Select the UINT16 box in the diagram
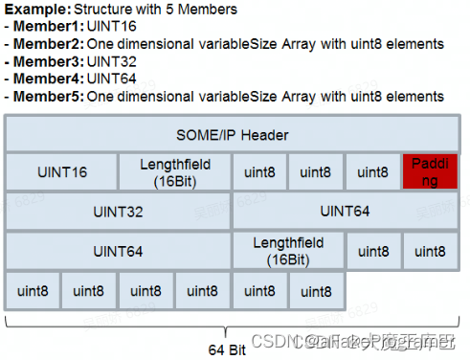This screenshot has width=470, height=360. [x=61, y=172]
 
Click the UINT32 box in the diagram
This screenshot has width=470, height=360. [x=118, y=212]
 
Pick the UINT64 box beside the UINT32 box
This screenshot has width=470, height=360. [x=346, y=212]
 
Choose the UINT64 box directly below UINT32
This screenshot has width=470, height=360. [x=118, y=251]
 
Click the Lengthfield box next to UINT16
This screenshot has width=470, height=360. [x=174, y=172]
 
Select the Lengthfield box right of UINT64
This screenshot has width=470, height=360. [x=288, y=251]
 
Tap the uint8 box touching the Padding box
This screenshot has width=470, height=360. [x=373, y=172]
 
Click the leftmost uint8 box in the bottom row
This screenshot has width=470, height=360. [x=33, y=290]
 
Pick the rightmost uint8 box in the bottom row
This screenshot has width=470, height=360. [x=317, y=290]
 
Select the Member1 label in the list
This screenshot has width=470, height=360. [x=46, y=27]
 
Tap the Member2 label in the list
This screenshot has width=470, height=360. [x=46, y=44]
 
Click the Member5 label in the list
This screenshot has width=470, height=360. [x=46, y=96]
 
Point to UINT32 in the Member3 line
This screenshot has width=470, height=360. [x=111, y=61]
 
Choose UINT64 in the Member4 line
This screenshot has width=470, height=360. [x=111, y=79]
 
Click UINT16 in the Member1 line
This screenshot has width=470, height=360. [x=111, y=27]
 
